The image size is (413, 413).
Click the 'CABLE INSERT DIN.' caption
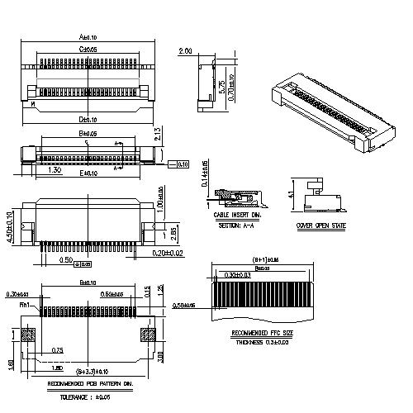click(236, 215)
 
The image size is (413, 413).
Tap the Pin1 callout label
click(25, 305)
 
